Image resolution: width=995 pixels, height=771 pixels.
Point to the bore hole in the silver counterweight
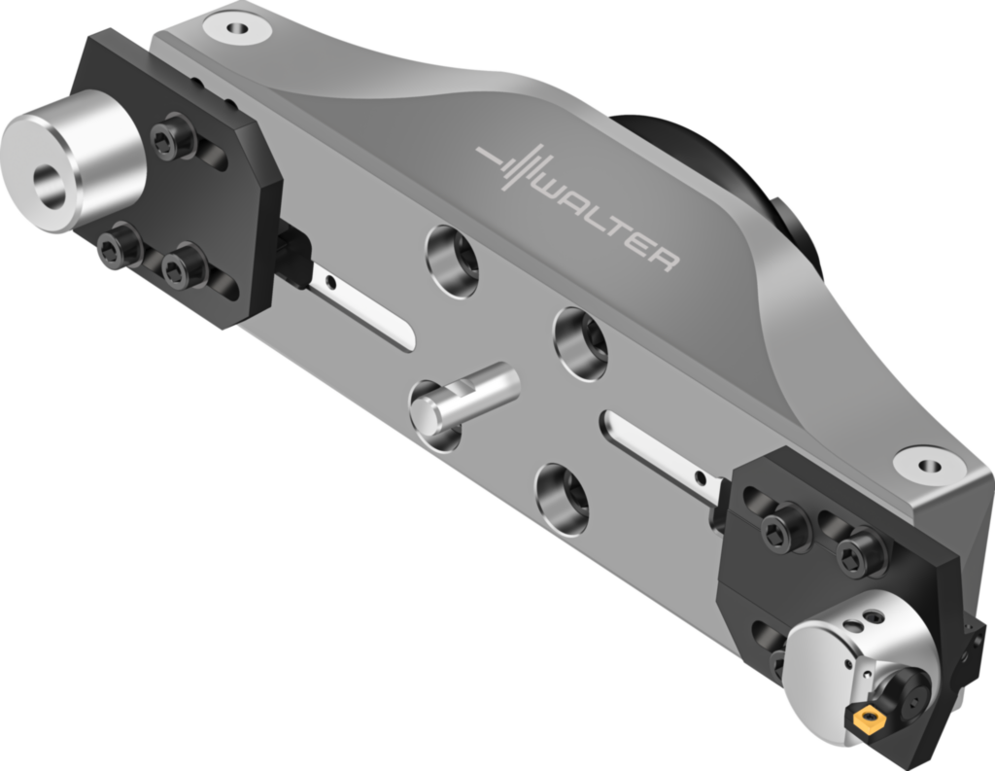[49, 184]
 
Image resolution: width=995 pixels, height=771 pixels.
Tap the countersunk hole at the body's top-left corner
[236, 26]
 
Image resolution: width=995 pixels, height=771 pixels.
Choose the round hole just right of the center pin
[581, 342]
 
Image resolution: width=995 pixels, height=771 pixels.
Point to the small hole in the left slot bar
[331, 284]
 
